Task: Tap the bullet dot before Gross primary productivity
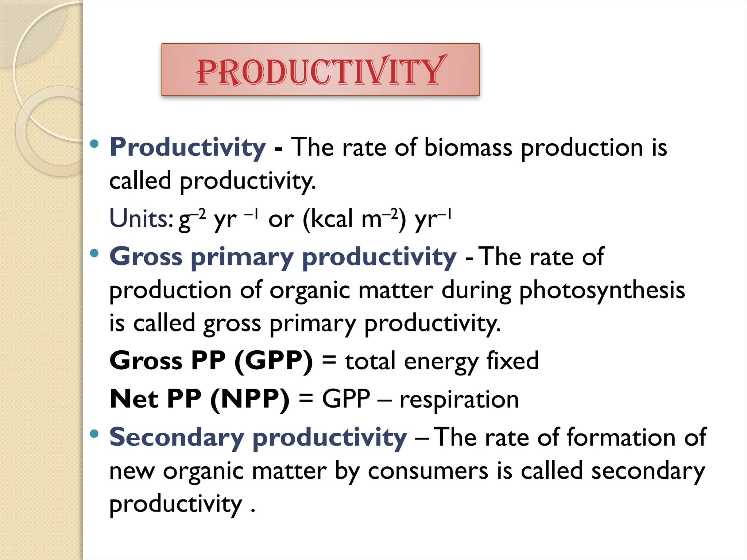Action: [94, 253]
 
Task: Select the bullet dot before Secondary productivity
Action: [94, 433]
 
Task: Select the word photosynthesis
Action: [602, 291]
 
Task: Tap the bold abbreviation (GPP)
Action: [274, 361]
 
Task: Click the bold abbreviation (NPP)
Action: [250, 399]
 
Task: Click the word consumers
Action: [428, 471]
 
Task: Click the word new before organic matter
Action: [132, 471]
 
